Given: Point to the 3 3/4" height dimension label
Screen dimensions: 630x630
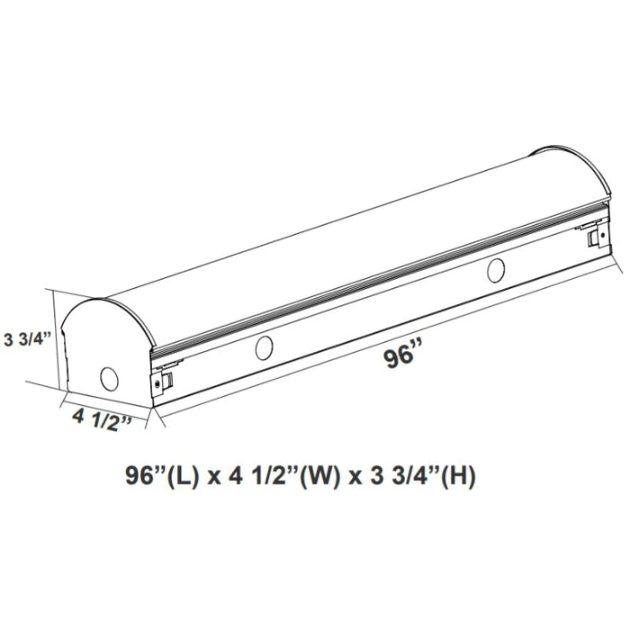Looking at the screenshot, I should [26, 338].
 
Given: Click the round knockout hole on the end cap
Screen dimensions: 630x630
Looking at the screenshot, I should [109, 378].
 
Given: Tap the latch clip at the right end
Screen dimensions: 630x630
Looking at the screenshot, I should [593, 236].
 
